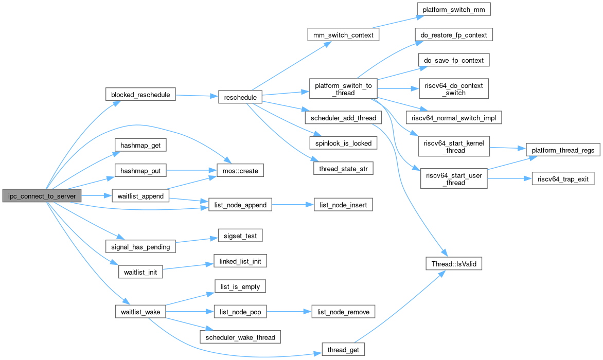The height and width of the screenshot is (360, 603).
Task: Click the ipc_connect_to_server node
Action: point(42,195)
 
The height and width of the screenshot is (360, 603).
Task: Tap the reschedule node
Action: point(241,97)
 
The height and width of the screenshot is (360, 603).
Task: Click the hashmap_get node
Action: point(140,146)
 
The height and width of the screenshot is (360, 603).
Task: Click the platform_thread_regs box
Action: point(563,150)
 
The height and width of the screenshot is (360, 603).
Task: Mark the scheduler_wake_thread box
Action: point(240,337)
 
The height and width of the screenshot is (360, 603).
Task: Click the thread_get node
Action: point(343,350)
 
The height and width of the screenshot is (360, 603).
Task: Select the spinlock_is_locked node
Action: point(343,143)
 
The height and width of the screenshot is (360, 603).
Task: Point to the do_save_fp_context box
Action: point(453,60)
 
